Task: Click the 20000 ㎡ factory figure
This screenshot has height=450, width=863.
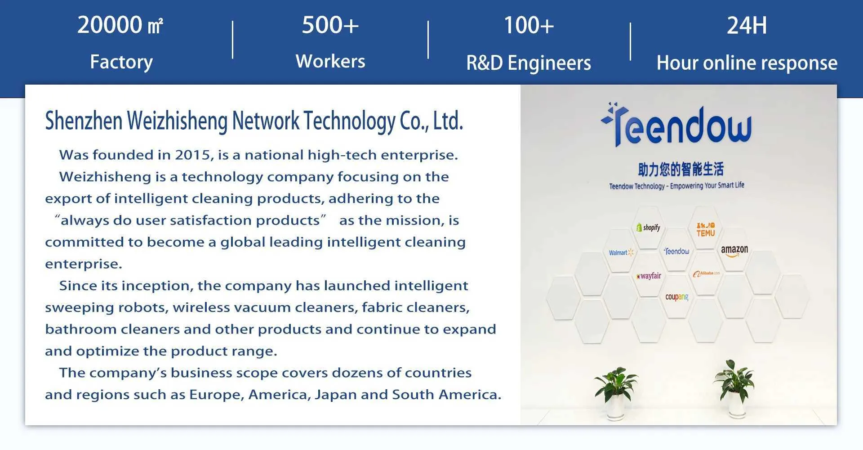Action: coord(120,25)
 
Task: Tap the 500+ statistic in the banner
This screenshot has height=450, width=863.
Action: coord(330,25)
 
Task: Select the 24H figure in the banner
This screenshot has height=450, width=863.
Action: coord(747,25)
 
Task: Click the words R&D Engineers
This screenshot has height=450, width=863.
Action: coord(529,63)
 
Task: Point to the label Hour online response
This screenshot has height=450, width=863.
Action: coord(747,63)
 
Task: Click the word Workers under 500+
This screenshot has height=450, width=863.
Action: coord(330,61)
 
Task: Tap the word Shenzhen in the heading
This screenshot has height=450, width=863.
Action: coord(84,121)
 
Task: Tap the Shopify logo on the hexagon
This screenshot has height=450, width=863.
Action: coord(648,227)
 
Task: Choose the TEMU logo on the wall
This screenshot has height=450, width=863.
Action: coord(706,229)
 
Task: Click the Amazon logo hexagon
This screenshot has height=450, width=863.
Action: coord(734,251)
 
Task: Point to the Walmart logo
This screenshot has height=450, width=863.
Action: coord(621,252)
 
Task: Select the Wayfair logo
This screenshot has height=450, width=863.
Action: coord(649,276)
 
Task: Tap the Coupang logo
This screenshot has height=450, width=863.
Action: coord(676,297)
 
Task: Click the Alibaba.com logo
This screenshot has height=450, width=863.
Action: coord(706,274)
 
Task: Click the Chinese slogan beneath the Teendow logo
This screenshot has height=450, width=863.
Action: coord(681,169)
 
